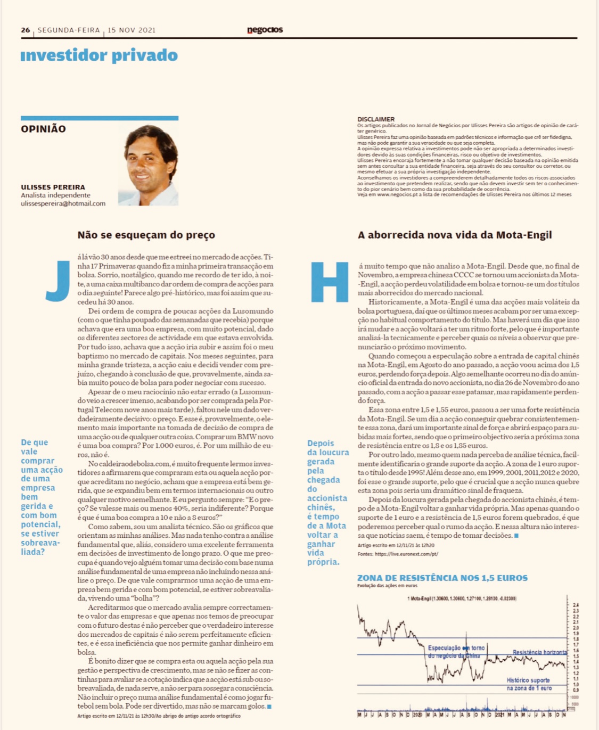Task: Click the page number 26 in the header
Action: pyautogui.click(x=26, y=30)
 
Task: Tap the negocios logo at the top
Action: pyautogui.click(x=265, y=30)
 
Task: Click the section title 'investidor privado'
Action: pyautogui.click(x=99, y=55)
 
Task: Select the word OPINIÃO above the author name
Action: pyautogui.click(x=44, y=129)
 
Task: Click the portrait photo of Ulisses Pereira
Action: pyautogui.click(x=149, y=165)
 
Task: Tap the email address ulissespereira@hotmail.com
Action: pyautogui.click(x=63, y=203)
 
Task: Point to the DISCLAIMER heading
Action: pyautogui.click(x=376, y=119)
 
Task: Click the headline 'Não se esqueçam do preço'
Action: pyautogui.click(x=146, y=235)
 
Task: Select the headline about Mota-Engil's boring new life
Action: pyautogui.click(x=455, y=235)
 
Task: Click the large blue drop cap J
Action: pyautogui.click(x=58, y=280)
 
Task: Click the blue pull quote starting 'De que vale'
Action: pyautogui.click(x=42, y=497)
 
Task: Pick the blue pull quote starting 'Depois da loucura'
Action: pyautogui.click(x=327, y=502)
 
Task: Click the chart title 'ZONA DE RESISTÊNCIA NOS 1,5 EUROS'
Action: pyautogui.click(x=442, y=578)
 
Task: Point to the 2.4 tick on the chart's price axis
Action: pyautogui.click(x=576, y=605)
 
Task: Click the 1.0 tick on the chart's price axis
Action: pyautogui.click(x=576, y=684)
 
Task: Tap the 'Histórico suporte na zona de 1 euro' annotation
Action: pyautogui.click(x=528, y=684)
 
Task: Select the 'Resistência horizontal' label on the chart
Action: pyautogui.click(x=539, y=652)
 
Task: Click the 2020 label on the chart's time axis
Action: pyautogui.click(x=417, y=715)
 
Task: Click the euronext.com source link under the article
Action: pyautogui.click(x=406, y=554)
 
